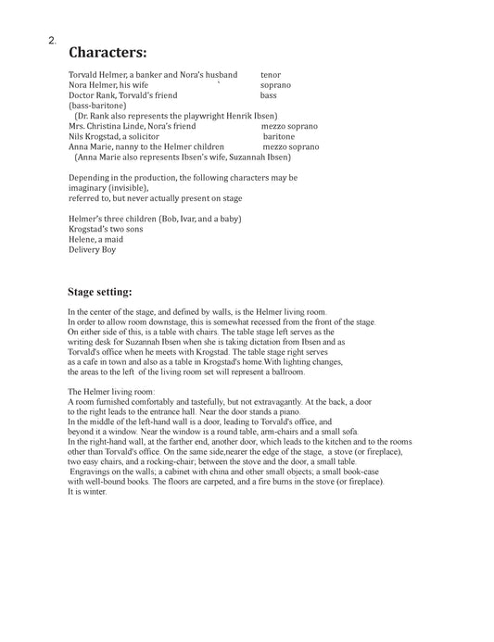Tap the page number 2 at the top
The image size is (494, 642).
click(x=52, y=41)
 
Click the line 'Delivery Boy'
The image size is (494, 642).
click(x=93, y=249)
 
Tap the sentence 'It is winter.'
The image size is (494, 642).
click(x=88, y=492)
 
